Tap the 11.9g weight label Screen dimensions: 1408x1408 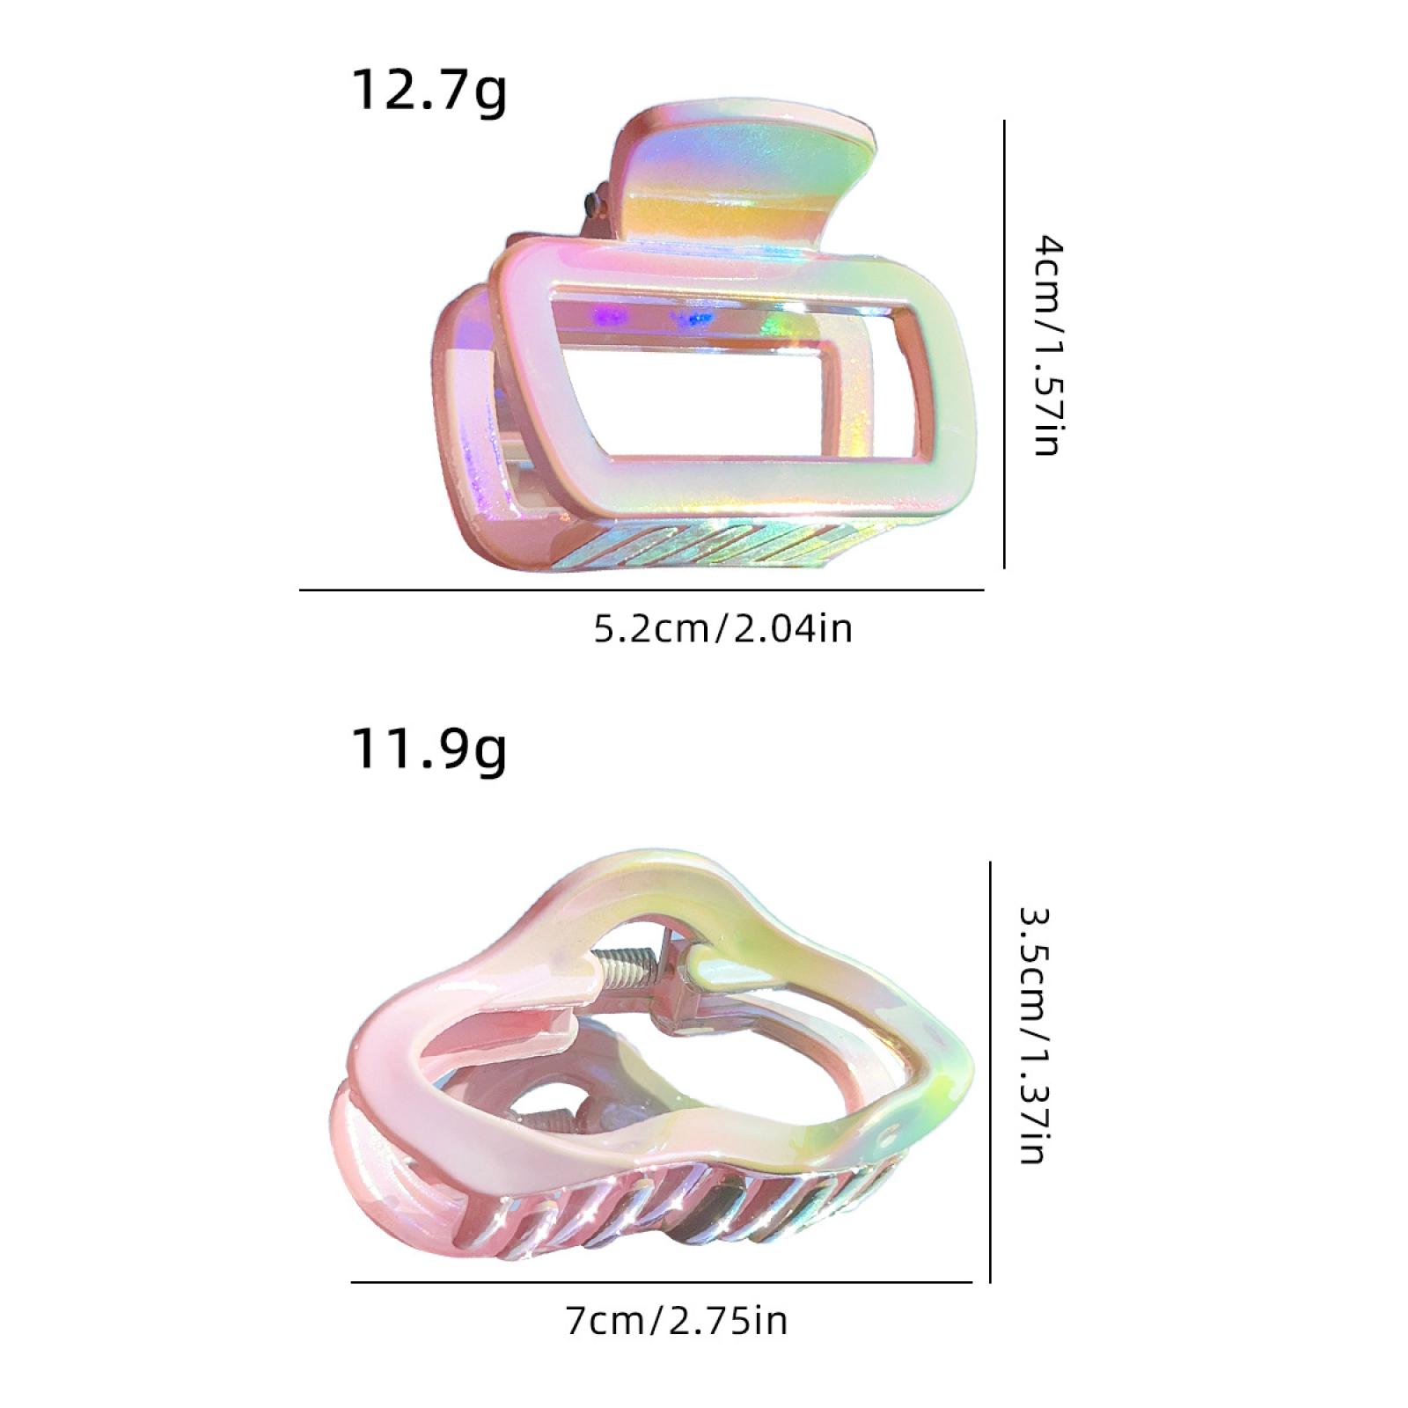429,750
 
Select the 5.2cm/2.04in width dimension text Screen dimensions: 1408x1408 723,629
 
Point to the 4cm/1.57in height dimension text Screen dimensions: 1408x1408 1047,345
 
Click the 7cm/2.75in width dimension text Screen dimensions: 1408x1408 677,1321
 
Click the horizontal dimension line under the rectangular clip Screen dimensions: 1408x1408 642,590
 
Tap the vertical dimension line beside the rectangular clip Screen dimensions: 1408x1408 1004,344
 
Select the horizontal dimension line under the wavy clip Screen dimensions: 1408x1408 661,1281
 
